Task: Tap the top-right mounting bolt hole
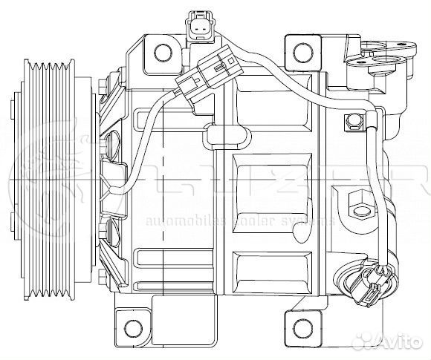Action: pyautogui.click(x=301, y=52)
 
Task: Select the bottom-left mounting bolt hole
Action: pyautogui.click(x=133, y=327)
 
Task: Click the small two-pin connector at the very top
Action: pyautogui.click(x=198, y=26)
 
